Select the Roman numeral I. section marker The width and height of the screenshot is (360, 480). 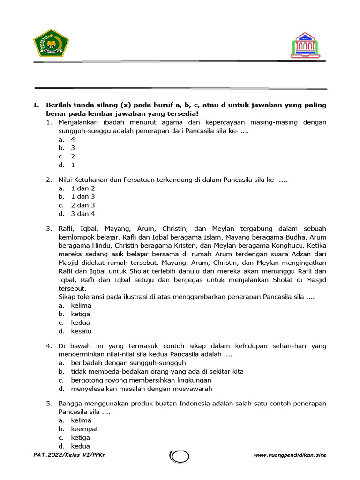click(37, 105)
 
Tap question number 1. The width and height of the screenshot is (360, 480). click(49, 122)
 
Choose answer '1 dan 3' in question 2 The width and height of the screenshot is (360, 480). click(82, 197)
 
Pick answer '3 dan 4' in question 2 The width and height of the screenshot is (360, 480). click(82, 214)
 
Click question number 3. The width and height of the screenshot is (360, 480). click(49, 229)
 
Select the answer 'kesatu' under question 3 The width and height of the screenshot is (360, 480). click(81, 331)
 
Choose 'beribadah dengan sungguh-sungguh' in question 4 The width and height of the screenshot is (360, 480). click(128, 363)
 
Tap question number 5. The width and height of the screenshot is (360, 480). click(49, 404)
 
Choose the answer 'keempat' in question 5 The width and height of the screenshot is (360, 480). click(84, 429)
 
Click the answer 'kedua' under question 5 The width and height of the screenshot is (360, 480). click(80, 446)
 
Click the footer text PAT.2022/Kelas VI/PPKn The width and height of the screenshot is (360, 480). click(70, 455)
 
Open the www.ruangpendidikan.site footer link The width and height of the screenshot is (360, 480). click(290, 455)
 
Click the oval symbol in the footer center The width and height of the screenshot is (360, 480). click(180, 456)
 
